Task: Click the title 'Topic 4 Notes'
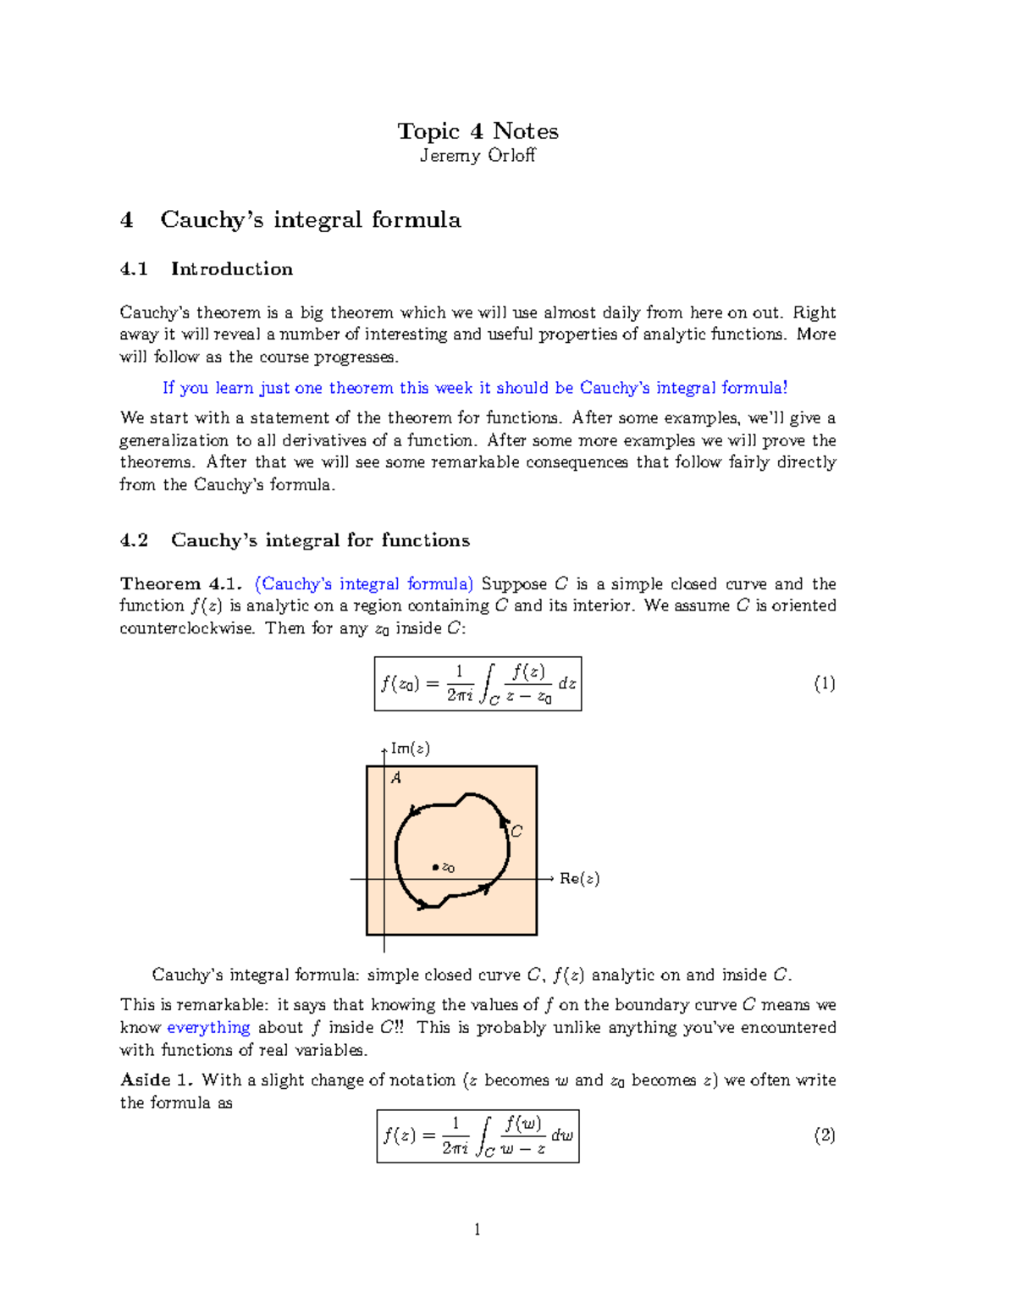[478, 131]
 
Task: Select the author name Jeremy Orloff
[478, 156]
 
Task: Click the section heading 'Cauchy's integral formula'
[310, 220]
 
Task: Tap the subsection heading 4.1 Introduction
[207, 269]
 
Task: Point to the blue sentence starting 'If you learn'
[474, 388]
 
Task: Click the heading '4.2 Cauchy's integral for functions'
[295, 540]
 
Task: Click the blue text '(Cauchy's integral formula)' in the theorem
[364, 584]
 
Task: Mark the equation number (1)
[824, 683]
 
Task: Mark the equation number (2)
[824, 1135]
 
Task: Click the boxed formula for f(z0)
[478, 683]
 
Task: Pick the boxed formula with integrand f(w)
[478, 1135]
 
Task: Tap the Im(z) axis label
[410, 749]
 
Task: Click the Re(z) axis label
[579, 879]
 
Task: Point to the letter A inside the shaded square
[395, 778]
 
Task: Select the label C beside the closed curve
[516, 832]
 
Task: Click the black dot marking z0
[436, 867]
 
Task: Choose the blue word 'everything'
[208, 1028]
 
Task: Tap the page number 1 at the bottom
[478, 1229]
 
